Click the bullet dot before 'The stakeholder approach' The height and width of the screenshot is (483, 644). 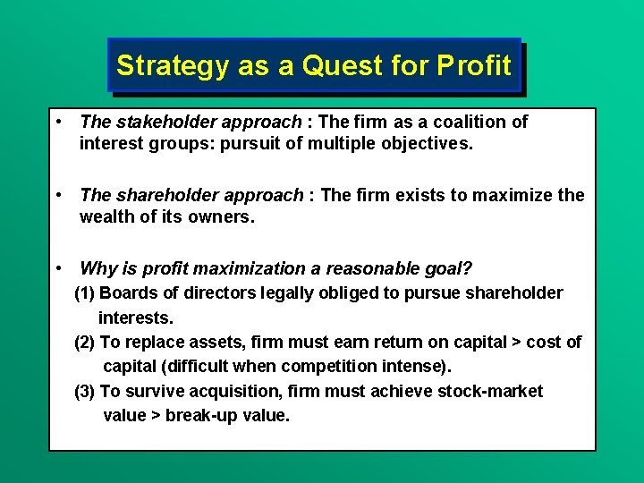(57, 121)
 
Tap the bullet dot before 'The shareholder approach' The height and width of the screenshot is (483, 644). (57, 194)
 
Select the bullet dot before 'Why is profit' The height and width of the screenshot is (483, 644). (57, 267)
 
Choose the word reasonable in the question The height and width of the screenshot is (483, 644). (373, 268)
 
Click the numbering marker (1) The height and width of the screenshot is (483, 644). (85, 293)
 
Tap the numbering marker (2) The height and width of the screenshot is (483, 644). (85, 343)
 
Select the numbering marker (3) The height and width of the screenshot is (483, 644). (85, 392)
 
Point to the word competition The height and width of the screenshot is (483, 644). (345, 367)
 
